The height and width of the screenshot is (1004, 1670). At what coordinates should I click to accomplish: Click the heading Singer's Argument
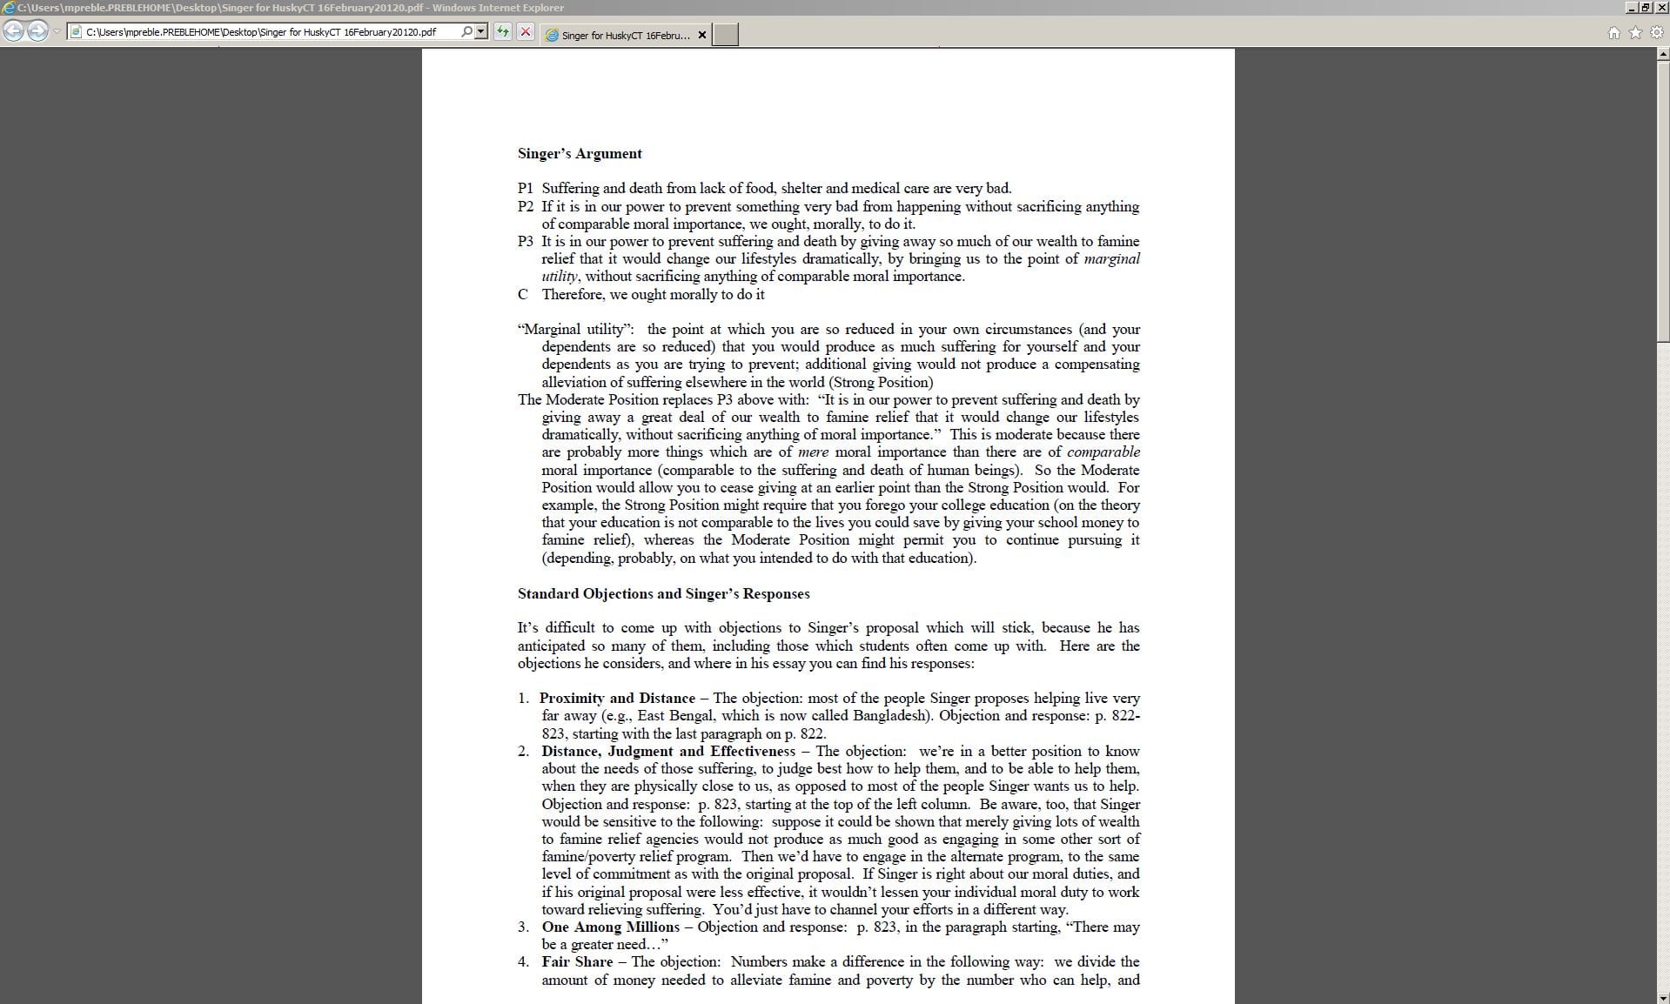[580, 154]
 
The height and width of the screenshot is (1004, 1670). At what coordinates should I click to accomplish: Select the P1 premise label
[525, 189]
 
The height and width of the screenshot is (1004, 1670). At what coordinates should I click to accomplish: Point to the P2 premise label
[525, 206]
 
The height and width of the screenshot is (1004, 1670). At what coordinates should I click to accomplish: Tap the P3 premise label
[525, 242]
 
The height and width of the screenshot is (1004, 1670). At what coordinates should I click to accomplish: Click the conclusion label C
[522, 294]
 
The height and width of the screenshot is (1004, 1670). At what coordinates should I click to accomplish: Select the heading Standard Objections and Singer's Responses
[663, 594]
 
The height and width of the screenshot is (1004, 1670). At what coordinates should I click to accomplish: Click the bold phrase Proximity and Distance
[617, 699]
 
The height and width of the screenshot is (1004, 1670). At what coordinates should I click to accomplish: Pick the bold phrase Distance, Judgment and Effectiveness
[667, 752]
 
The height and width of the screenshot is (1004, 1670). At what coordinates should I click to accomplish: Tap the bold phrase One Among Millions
[610, 927]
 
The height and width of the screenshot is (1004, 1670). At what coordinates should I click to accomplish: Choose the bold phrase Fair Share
[577, 962]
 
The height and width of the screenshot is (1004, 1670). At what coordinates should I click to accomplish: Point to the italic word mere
[813, 452]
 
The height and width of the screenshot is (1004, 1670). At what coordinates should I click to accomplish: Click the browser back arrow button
[13, 32]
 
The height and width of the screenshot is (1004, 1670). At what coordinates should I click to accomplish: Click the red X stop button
[525, 32]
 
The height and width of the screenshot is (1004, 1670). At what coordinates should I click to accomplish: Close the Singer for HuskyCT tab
[702, 35]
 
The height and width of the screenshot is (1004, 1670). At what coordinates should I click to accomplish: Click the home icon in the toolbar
[1613, 33]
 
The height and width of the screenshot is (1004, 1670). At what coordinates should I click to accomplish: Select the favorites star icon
[1635, 33]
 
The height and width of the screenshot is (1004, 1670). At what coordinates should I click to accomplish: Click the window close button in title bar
[1661, 8]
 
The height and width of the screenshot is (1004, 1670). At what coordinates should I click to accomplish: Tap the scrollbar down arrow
[1663, 998]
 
